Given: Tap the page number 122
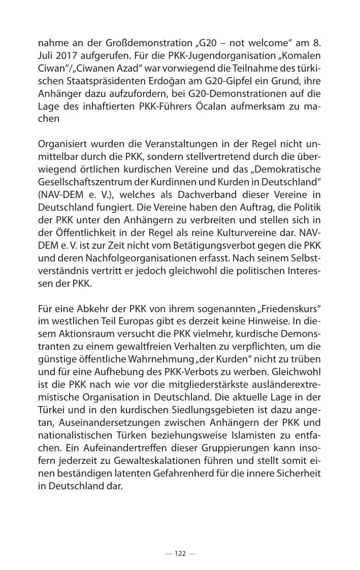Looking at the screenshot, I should [x=180, y=553].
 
